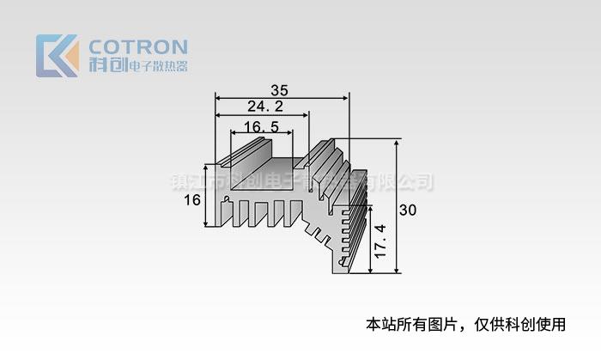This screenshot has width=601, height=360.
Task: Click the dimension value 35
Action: pyautogui.click(x=279, y=89)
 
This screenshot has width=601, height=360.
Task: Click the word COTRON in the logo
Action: pyautogui.click(x=138, y=46)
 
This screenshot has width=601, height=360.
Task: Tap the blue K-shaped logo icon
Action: pyautogui.click(x=54, y=56)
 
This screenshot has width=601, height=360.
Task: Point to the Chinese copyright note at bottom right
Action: pyautogui.click(x=466, y=324)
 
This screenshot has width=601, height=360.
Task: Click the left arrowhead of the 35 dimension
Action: pyautogui.click(x=218, y=98)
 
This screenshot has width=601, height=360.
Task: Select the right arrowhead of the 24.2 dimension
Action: pyautogui.click(x=306, y=115)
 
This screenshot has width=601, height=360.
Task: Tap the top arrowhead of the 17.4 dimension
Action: pyautogui.click(x=371, y=206)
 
